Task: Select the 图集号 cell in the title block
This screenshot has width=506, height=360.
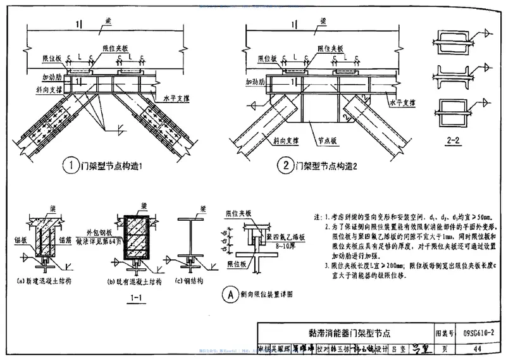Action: pos(445,332)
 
